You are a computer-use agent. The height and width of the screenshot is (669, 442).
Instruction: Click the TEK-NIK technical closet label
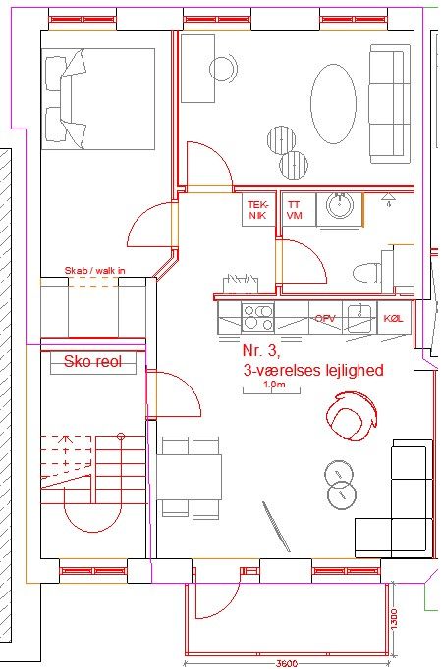click(x=257, y=210)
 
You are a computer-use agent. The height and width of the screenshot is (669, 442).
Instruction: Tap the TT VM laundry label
click(x=294, y=210)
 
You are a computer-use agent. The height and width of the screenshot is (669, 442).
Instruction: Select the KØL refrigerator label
click(x=393, y=318)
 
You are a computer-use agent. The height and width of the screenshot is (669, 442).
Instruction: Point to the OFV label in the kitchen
click(x=325, y=318)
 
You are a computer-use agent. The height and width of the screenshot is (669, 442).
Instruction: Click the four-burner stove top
click(x=257, y=317)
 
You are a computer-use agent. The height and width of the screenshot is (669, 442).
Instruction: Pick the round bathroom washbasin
click(x=340, y=204)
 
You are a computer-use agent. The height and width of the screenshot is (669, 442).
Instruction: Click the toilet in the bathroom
click(x=367, y=273)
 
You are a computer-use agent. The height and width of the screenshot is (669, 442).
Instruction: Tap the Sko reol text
click(x=92, y=361)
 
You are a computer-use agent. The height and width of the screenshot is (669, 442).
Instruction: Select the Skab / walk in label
click(x=95, y=270)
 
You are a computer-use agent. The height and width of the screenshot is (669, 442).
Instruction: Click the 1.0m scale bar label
click(x=274, y=384)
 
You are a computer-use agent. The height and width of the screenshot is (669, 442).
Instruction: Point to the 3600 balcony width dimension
click(x=286, y=664)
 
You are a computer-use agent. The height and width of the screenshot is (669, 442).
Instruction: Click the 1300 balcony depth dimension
click(x=393, y=618)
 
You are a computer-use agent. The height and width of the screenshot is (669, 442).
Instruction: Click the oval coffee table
click(x=333, y=104)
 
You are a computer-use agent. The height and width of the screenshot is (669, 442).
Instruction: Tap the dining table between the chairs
click(x=190, y=477)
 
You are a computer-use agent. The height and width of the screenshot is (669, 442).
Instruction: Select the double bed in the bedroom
click(x=98, y=98)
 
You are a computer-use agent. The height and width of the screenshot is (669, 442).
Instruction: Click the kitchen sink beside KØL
click(x=359, y=317)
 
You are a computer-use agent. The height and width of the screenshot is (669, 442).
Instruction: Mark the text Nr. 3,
click(x=261, y=350)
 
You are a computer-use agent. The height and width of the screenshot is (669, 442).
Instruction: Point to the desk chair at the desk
click(x=223, y=68)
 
